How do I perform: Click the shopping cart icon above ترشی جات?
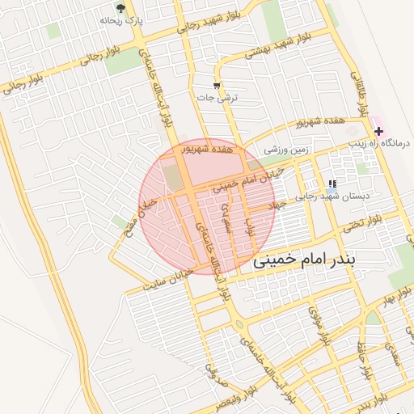pyautogui.click(x=216, y=85)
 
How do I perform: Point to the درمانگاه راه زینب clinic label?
pyautogui.click(x=382, y=143)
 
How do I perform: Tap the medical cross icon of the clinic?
pyautogui.click(x=378, y=130)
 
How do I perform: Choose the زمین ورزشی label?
pyautogui.click(x=287, y=150)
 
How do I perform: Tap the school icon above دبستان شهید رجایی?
pyautogui.click(x=332, y=184)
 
